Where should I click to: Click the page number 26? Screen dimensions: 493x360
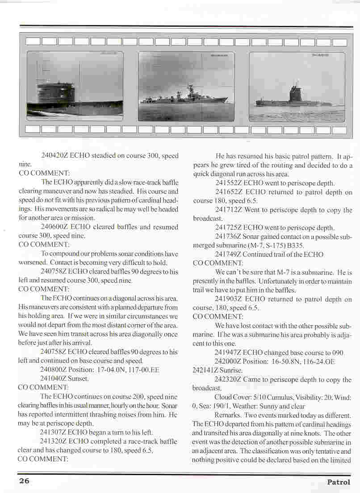[x=24, y=481]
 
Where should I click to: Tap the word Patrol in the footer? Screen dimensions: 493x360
[x=339, y=482]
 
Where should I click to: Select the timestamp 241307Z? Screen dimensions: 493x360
[x=54, y=432]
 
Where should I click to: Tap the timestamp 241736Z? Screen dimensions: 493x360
[x=229, y=237]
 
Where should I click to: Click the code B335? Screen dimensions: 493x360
[x=311, y=246]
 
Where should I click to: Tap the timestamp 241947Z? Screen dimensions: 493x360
[x=229, y=352]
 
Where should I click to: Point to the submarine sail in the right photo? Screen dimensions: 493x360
[x=295, y=92]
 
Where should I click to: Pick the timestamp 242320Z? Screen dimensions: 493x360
[x=229, y=380]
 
